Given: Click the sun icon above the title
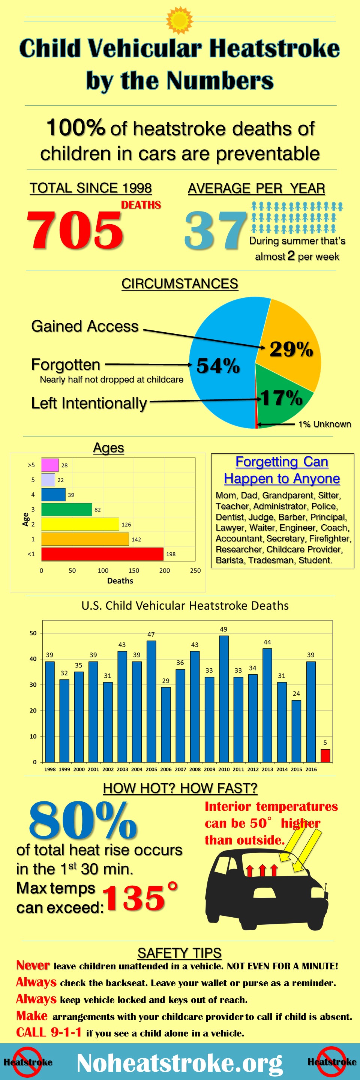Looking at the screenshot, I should tap(179, 20).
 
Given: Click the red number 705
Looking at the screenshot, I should tap(75, 229).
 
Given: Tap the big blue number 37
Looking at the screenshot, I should tap(215, 230).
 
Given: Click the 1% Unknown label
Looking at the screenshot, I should tap(324, 424).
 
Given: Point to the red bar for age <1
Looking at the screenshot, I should tap(102, 554).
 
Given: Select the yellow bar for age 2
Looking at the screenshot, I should tap(79, 524).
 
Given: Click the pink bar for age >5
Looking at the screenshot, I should tap(50, 465).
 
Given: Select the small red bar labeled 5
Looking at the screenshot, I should tap(325, 756).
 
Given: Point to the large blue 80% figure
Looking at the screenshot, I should tap(83, 820).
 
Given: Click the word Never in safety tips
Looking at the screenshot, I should tap(33, 966).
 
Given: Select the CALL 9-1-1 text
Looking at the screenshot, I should tap(49, 1032).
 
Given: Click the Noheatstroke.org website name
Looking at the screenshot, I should tap(179, 1063).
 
